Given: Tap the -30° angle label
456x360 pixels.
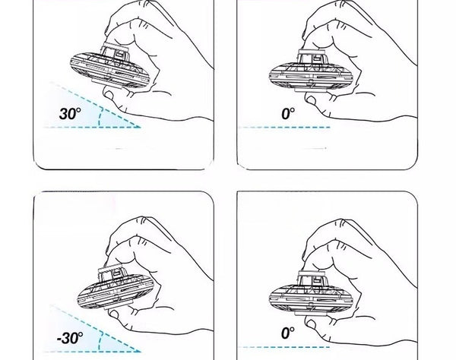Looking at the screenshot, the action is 70,338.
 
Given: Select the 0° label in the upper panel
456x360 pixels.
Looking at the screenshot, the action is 288,114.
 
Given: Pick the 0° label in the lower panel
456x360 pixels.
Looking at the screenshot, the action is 288,333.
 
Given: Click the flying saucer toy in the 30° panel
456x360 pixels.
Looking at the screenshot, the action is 110,66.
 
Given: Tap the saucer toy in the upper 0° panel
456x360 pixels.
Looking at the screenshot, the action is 311,71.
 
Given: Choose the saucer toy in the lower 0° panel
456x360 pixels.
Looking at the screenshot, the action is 311,293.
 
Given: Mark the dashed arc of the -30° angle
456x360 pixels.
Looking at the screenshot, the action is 100,341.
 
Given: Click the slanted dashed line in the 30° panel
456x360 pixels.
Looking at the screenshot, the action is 96,105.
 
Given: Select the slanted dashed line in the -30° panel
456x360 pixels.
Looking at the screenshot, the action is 96,328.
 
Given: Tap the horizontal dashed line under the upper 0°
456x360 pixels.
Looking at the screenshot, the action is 284,128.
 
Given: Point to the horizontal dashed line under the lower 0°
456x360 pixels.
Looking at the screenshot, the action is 283,347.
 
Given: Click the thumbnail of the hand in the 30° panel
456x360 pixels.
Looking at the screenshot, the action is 109,94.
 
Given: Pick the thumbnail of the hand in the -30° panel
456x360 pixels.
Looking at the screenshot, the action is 113,314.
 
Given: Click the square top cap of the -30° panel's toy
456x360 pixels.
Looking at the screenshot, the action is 112,274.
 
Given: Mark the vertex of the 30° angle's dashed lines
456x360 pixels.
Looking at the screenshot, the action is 141,127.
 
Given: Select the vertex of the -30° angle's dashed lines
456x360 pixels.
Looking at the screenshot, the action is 141,352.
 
